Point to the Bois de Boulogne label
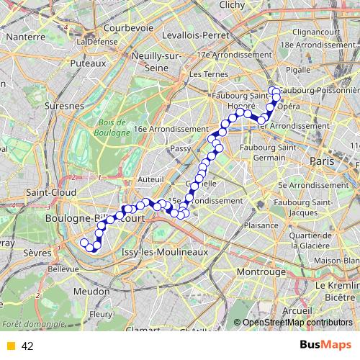pos(112,127)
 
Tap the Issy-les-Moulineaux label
pos(165,252)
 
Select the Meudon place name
pos(91,290)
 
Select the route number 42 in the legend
pos(27,346)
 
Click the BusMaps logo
pos(325,345)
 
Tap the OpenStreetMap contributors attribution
pos(297,323)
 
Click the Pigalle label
pos(297,70)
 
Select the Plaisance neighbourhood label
pos(256,225)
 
